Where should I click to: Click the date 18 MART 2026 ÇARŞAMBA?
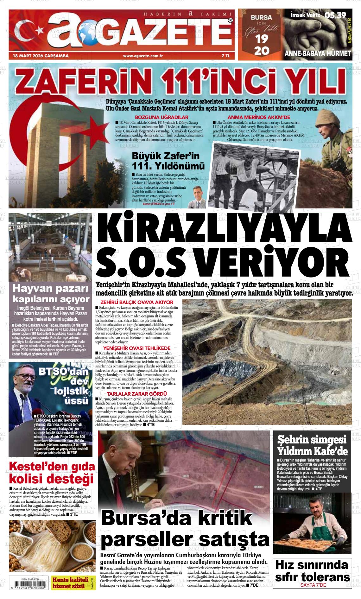coord(41,56)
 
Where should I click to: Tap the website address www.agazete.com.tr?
coord(143,56)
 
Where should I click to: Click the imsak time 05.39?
coord(335,15)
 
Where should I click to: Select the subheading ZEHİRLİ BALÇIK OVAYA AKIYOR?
coord(137,303)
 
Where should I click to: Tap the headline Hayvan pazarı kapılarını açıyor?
coord(50,294)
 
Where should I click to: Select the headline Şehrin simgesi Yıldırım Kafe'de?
coord(312,445)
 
